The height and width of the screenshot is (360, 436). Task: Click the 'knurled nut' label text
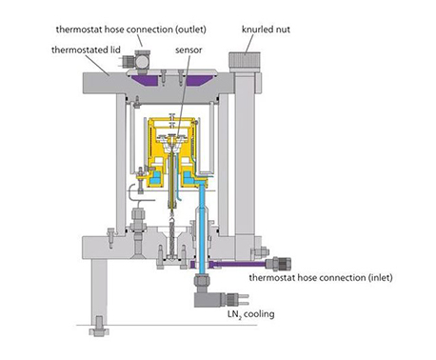pyautogui.click(x=266, y=30)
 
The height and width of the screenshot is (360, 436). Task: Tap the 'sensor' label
pyautogui.click(x=188, y=50)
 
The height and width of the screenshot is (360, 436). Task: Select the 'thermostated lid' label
pyautogui.click(x=86, y=50)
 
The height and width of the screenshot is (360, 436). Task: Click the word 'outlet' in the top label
pyautogui.click(x=190, y=30)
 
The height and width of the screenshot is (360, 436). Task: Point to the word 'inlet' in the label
pyautogui.click(x=380, y=278)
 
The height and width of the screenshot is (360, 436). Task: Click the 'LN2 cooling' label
pyautogui.click(x=250, y=314)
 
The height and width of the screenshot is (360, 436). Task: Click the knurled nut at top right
pyautogui.click(x=245, y=62)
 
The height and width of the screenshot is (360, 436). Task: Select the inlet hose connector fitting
pyautogui.click(x=278, y=264)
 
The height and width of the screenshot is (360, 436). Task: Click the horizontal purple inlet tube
pyautogui.click(x=237, y=264)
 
